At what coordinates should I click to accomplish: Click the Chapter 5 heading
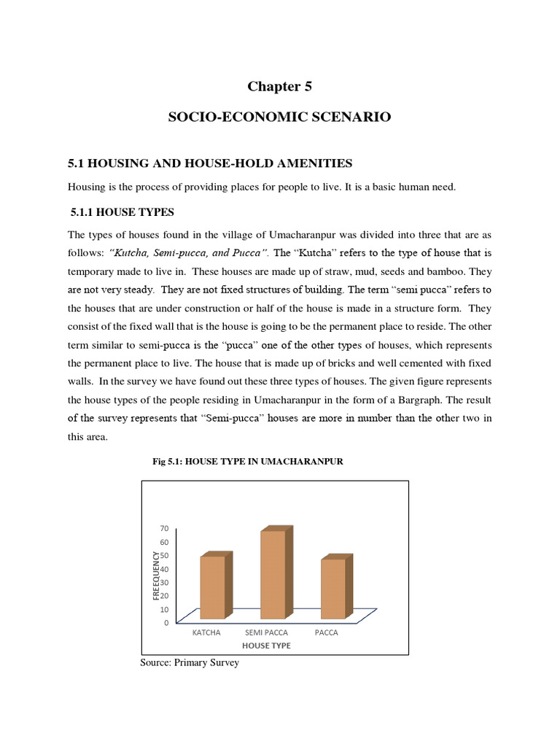pos(279,86)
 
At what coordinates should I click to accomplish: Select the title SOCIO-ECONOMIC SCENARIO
pos(279,117)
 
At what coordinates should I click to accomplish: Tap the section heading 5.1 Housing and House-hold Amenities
pos(209,162)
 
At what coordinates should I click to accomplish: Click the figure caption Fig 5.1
pos(247,462)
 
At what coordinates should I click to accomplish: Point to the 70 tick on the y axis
pos(164,528)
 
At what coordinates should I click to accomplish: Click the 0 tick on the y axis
pos(166,623)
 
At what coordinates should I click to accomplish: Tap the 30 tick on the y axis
pos(164,582)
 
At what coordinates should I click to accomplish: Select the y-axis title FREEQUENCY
pos(155,576)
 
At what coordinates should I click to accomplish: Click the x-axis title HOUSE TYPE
pos(265,646)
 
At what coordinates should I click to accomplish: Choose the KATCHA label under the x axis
pos(206,632)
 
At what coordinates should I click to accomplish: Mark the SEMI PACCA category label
pos(266,632)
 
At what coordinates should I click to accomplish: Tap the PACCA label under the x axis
pos(327,632)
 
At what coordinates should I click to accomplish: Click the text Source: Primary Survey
pos(189,663)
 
